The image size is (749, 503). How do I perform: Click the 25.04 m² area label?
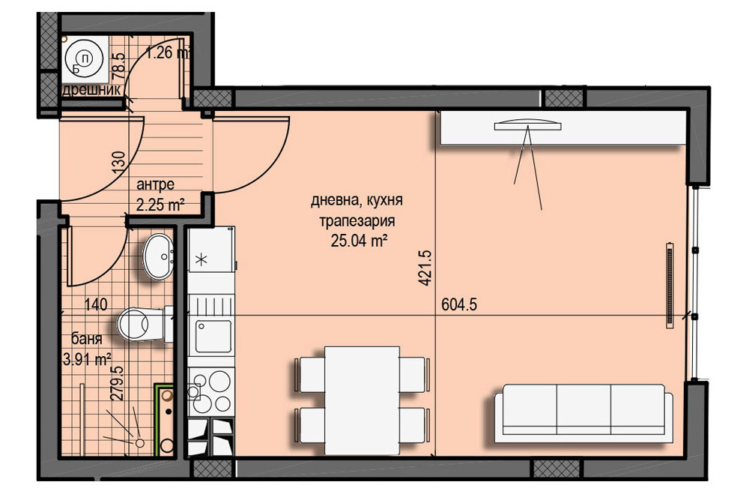click(x=359, y=241)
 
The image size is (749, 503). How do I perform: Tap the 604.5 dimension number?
click(x=459, y=304)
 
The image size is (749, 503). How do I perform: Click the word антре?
click(x=155, y=184)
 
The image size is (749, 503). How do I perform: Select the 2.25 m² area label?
click(x=160, y=205)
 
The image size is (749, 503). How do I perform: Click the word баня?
click(x=86, y=339)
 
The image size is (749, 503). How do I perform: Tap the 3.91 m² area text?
click(x=87, y=358)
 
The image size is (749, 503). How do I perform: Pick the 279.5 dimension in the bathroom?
click(x=118, y=382)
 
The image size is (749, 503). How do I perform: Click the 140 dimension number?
click(x=96, y=304)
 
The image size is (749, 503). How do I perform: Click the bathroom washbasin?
click(x=158, y=256)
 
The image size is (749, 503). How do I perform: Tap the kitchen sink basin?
click(x=213, y=337)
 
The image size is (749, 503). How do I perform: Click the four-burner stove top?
click(x=211, y=392)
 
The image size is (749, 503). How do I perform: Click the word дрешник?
click(x=91, y=90)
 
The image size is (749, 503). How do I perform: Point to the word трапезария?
click(x=357, y=221)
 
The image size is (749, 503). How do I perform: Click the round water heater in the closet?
click(x=84, y=58)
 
